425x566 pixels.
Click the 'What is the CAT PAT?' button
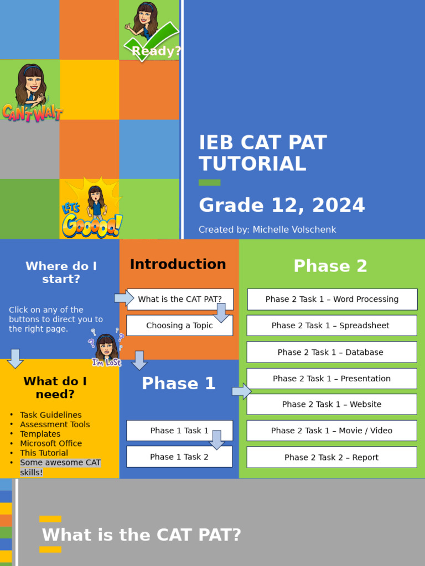pyautogui.click(x=180, y=299)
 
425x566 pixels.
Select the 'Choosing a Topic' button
pyautogui.click(x=179, y=326)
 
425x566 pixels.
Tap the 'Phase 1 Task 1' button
pyautogui.click(x=179, y=431)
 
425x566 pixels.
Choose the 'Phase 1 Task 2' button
pyautogui.click(x=179, y=457)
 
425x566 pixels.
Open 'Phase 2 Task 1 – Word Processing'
pyautogui.click(x=332, y=299)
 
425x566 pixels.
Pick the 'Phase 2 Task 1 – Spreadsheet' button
pyautogui.click(x=331, y=326)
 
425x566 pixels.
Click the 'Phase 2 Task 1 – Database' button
pyautogui.click(x=331, y=352)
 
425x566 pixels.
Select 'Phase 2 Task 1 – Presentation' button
pyautogui.click(x=331, y=379)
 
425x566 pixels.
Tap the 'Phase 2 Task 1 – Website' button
pyautogui.click(x=331, y=404)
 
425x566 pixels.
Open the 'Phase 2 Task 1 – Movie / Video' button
pyautogui.click(x=331, y=431)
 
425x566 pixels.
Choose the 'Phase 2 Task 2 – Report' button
pyautogui.click(x=331, y=457)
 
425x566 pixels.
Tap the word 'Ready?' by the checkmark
pyautogui.click(x=157, y=51)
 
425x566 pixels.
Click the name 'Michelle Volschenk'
pyautogui.click(x=294, y=230)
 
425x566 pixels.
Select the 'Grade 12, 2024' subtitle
pyautogui.click(x=282, y=206)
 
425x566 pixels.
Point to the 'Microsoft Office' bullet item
pyautogui.click(x=51, y=443)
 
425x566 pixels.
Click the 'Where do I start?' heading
pyautogui.click(x=61, y=272)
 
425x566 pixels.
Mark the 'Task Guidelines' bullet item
pyautogui.click(x=51, y=415)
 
